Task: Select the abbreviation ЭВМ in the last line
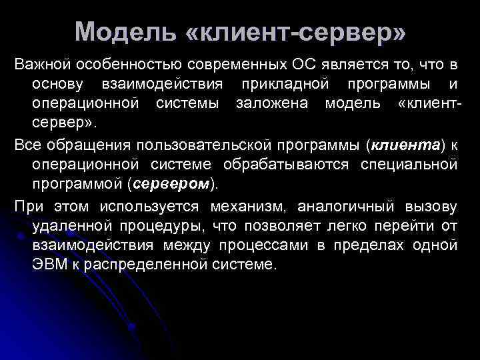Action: [47, 265]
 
